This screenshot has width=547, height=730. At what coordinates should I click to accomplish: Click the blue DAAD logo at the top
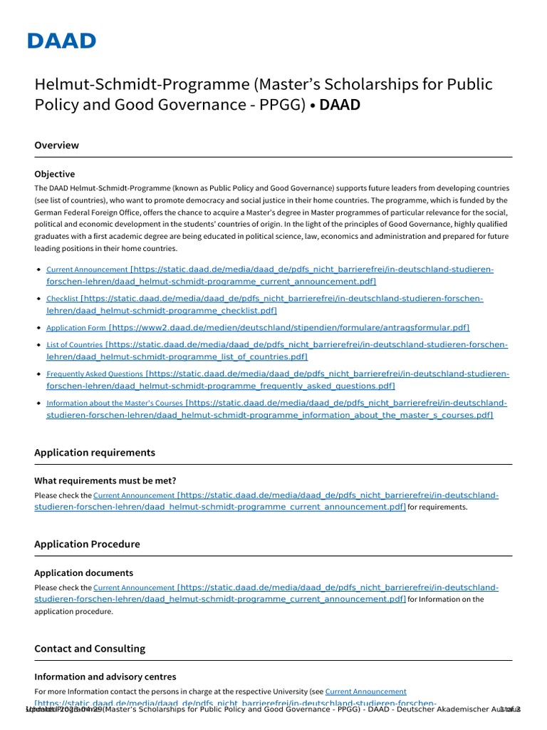(x=61, y=41)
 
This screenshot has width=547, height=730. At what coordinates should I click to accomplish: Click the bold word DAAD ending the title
(x=340, y=105)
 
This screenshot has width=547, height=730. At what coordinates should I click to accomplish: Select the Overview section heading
(x=56, y=145)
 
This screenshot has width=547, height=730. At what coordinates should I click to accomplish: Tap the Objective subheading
(x=54, y=174)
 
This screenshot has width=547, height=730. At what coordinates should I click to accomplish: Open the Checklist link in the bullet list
(x=62, y=299)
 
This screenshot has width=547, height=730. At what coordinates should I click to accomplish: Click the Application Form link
(x=75, y=328)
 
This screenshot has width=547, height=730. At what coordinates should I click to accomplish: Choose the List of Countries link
(x=74, y=345)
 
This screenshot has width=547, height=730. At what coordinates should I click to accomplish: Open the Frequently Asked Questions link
(x=94, y=374)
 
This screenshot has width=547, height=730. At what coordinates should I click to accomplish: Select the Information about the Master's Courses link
(x=114, y=403)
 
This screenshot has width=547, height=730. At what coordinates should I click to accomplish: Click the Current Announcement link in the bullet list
(x=87, y=270)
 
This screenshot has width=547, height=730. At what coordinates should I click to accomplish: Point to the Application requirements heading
(x=94, y=453)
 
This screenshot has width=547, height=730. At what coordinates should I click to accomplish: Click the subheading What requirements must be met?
(x=105, y=480)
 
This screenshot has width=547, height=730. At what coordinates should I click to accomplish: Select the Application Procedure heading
(x=87, y=544)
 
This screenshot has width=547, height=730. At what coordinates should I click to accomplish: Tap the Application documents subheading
(x=83, y=573)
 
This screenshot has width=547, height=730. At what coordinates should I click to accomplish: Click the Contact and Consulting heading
(x=89, y=649)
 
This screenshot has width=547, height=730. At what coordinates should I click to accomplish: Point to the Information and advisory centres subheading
(x=105, y=677)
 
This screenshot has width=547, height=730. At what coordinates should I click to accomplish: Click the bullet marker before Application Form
(x=38, y=328)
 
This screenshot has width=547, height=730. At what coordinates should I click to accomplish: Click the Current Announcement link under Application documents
(x=133, y=588)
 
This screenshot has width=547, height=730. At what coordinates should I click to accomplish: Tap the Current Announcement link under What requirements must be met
(x=133, y=495)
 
